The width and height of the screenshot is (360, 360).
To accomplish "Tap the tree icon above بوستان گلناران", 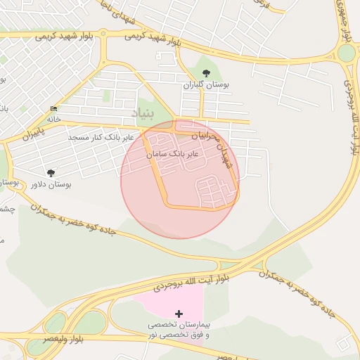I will (206, 73).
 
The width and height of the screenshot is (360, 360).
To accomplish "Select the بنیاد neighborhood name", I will (142, 112).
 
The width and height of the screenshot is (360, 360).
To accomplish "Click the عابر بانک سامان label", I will (172, 153).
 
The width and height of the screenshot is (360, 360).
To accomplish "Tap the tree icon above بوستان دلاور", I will (51, 172).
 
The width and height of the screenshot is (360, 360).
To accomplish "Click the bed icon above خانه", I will (54, 108).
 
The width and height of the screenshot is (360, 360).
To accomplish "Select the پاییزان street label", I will (32, 131).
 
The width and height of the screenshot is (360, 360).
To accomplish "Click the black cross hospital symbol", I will (179, 314).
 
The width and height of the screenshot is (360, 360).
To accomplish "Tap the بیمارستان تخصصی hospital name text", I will (179, 326).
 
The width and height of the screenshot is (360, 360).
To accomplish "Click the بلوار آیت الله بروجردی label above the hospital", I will (191, 283).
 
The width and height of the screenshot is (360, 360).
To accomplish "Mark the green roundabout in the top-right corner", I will (346, 53).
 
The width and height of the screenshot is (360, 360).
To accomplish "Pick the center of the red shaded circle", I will (180, 179).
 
